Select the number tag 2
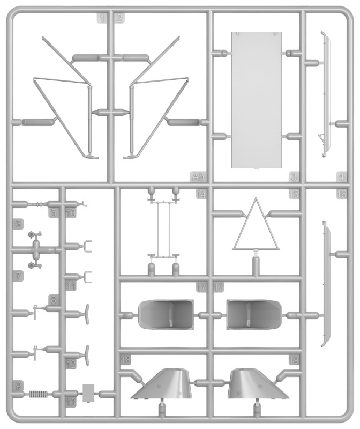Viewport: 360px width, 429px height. pos(119,18)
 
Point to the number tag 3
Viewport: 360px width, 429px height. pos(294,176)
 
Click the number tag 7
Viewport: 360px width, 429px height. pos(19,276)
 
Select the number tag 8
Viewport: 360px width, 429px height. pos(54,299)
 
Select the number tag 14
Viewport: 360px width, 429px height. pos(201,195)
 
